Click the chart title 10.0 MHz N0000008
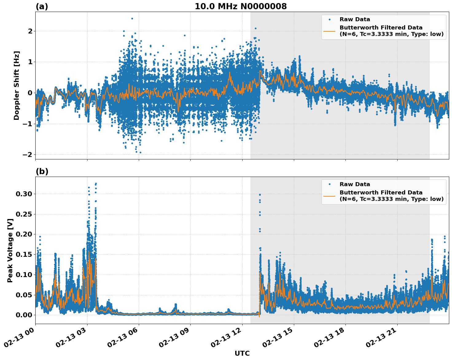point(240,6)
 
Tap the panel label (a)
point(42,6)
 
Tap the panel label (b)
point(42,171)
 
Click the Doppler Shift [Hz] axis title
point(17,85)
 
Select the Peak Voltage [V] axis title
point(10,250)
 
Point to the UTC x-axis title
point(242,353)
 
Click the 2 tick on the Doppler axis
point(30,31)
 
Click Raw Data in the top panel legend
point(355,20)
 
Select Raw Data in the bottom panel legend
point(355,184)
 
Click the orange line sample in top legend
point(329,31)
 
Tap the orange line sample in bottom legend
point(329,196)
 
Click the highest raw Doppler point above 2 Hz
point(132,18)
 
